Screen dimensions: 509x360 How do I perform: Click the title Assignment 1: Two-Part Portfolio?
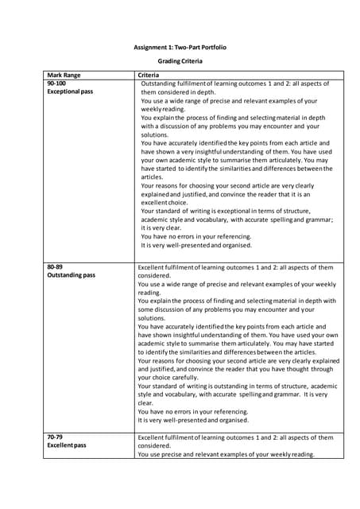click(x=180, y=48)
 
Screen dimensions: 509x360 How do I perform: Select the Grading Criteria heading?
click(x=180, y=60)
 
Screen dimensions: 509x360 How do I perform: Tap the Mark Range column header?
click(x=64, y=74)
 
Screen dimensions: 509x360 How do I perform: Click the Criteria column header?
click(x=150, y=74)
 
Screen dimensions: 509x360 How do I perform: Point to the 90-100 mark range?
click(x=57, y=83)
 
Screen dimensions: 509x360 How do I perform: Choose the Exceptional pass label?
click(x=70, y=92)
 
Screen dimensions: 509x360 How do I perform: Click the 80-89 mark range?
click(x=56, y=266)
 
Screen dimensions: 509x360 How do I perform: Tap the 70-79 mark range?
click(x=56, y=437)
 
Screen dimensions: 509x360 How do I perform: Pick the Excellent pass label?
click(x=67, y=446)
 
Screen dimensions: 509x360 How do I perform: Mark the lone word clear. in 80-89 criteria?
click(x=146, y=403)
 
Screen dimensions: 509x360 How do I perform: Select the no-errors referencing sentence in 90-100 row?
click(x=196, y=236)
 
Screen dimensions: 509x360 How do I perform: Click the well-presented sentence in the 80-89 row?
click(x=193, y=420)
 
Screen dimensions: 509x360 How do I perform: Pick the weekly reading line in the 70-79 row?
click(x=226, y=455)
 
